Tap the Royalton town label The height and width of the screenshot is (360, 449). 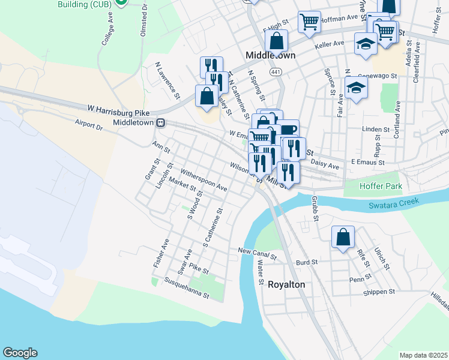286,284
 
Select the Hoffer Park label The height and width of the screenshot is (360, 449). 380,187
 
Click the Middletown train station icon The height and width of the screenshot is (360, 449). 160,122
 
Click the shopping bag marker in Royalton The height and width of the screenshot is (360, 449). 343,236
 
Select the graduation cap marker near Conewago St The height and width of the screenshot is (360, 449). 357,88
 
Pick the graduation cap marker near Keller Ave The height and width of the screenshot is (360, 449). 366,44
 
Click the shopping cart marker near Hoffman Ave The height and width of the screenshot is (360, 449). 309,22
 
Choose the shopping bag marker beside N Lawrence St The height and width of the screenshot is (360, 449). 206,96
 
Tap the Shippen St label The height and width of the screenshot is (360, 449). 378,292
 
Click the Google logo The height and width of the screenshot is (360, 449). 20,353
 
